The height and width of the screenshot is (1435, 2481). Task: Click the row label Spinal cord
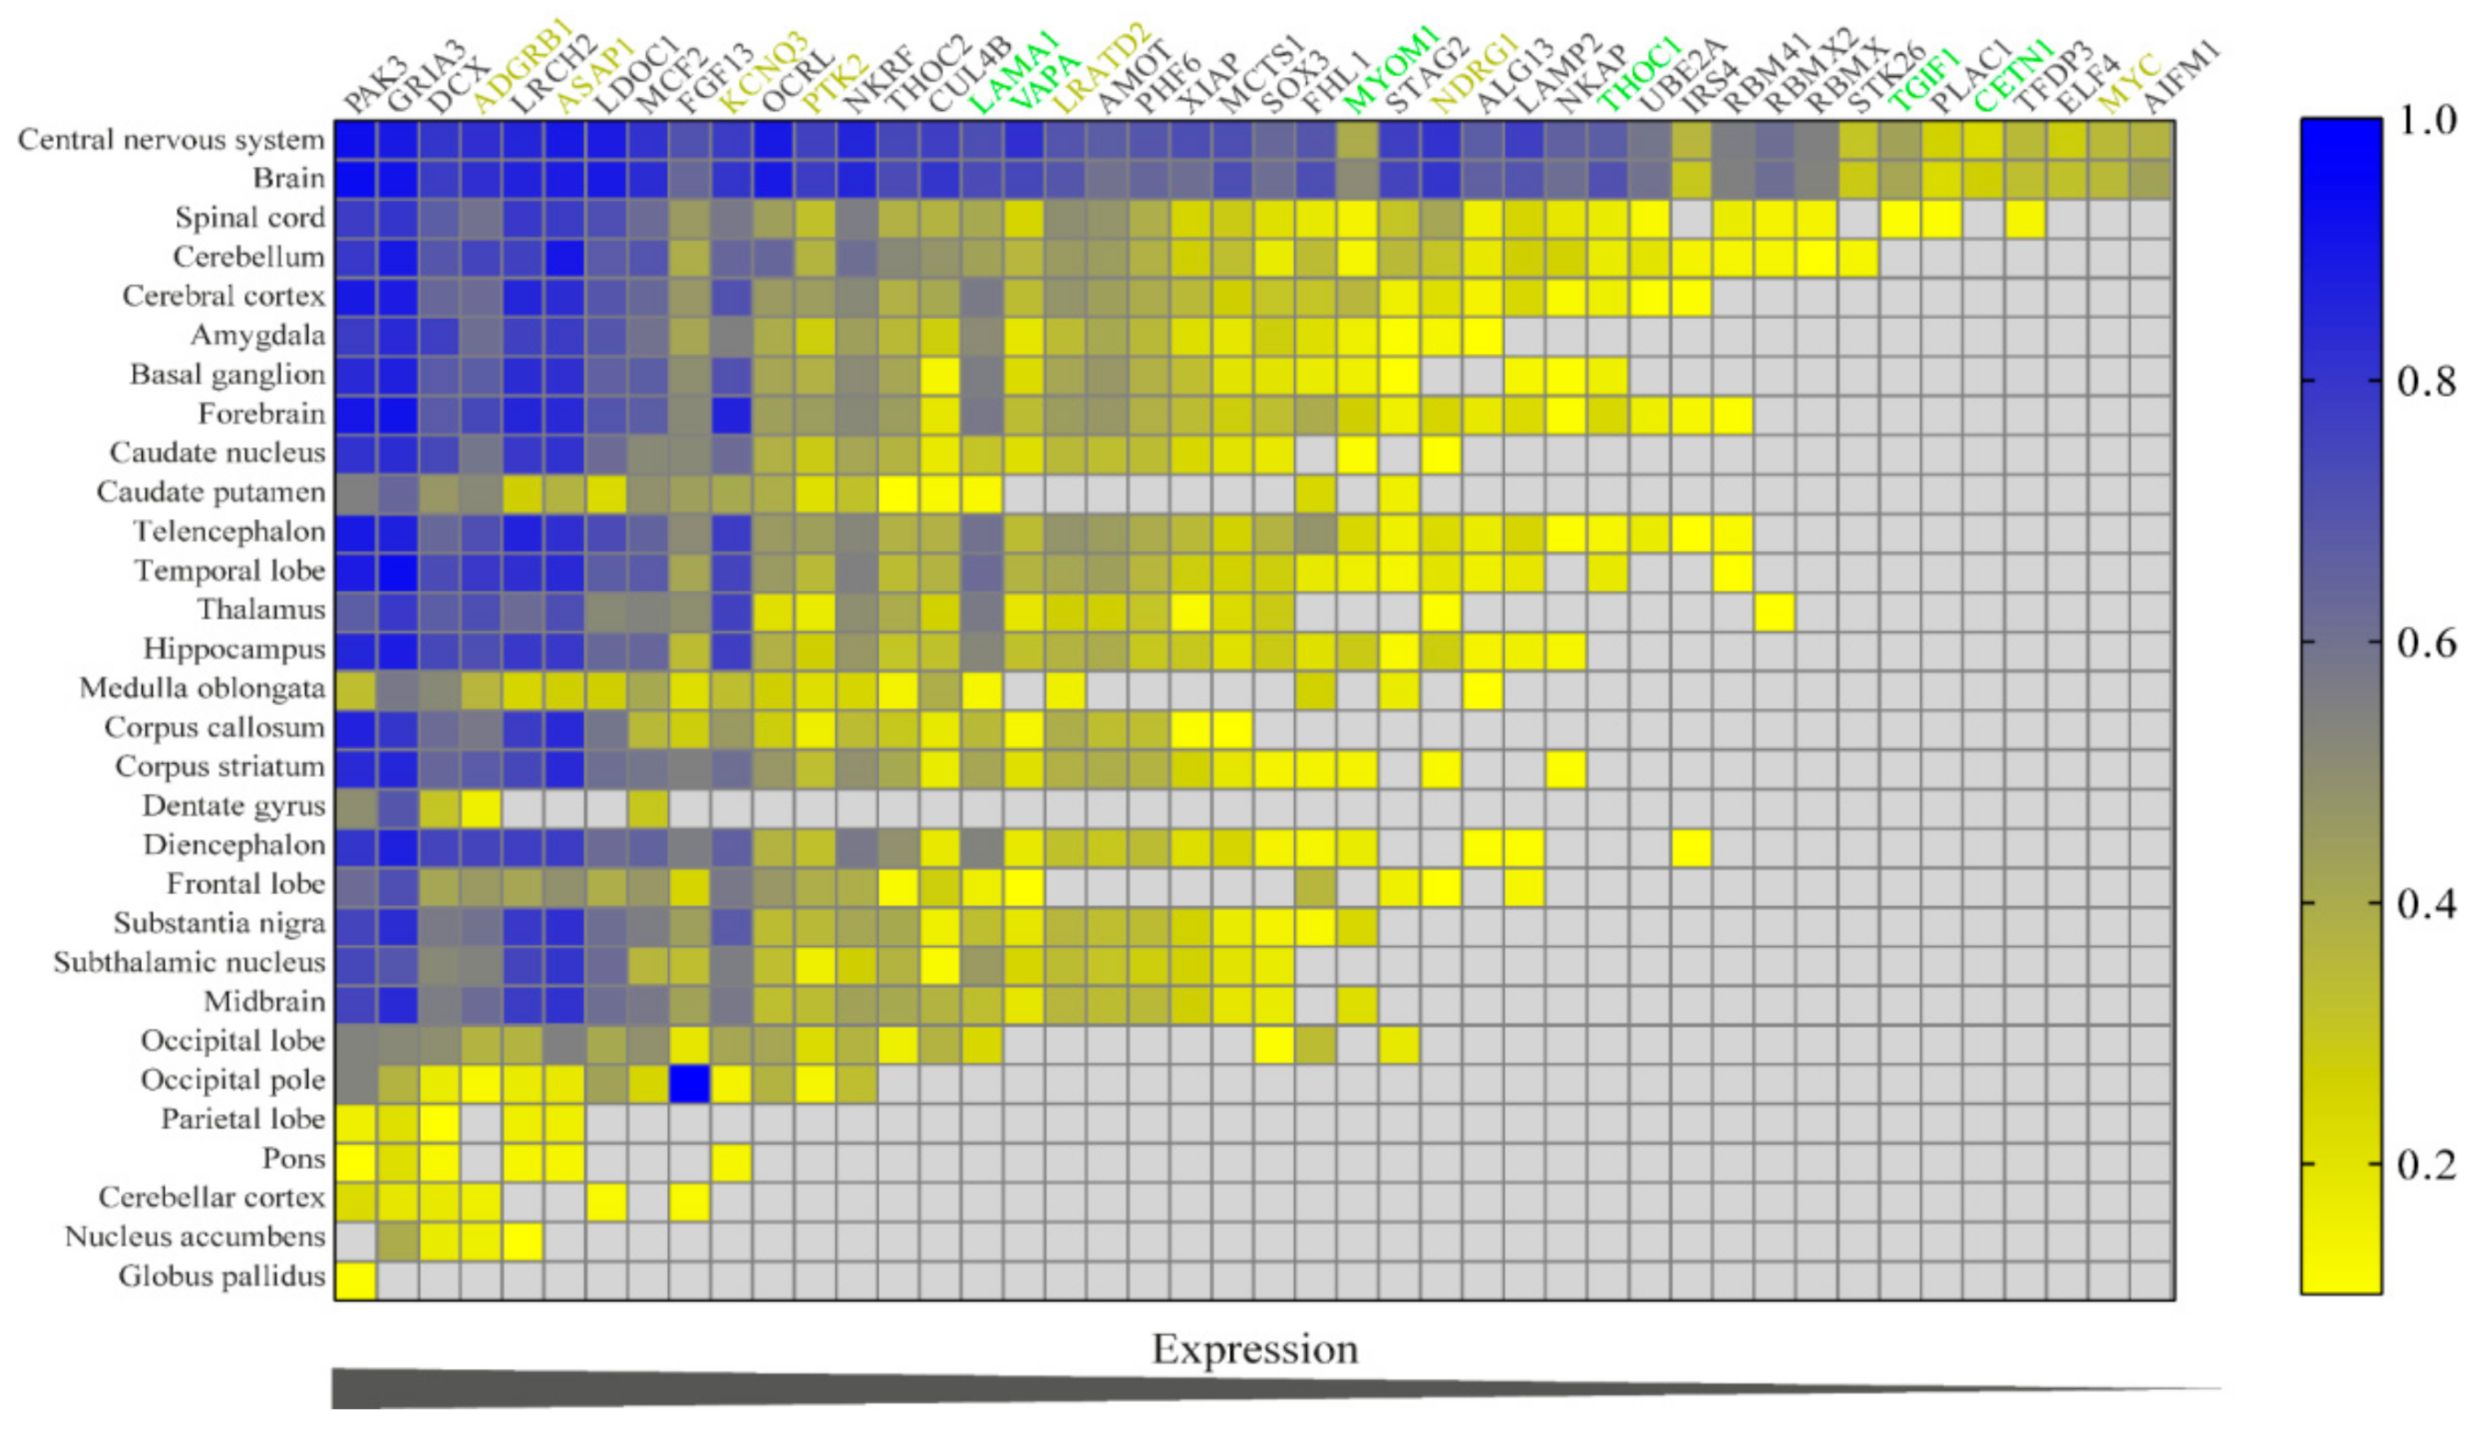tap(249, 217)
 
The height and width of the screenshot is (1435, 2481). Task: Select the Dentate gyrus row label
tap(234, 806)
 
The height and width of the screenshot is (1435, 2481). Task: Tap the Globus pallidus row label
tap(222, 1276)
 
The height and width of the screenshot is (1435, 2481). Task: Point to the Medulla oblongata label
tap(202, 688)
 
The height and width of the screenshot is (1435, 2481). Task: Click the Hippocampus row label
tap(234, 649)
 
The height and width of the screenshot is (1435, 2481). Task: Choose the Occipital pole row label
tap(233, 1080)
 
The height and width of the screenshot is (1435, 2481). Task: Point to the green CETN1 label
tap(2014, 77)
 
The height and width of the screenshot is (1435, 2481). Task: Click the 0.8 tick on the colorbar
tap(2425, 381)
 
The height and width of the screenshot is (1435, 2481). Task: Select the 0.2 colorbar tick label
tap(2425, 1165)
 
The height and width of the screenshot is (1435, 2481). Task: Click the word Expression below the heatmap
tap(1255, 1350)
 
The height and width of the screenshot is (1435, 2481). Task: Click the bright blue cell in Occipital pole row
tap(689, 1084)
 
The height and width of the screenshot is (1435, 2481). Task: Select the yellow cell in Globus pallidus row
tap(356, 1280)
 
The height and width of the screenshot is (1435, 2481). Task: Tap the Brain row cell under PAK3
tap(356, 179)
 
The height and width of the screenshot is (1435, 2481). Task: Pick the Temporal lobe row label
tap(229, 570)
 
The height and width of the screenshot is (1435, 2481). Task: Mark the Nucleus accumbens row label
tap(194, 1237)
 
